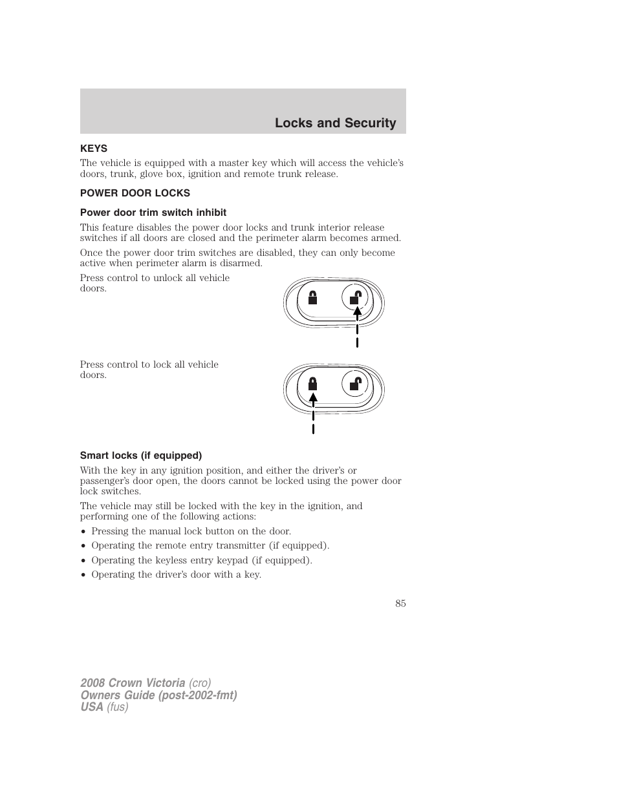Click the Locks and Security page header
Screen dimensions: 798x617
pos(335,123)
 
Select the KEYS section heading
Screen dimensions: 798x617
pos(94,149)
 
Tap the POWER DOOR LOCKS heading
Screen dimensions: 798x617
pos(135,193)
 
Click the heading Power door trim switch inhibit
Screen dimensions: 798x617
pos(153,213)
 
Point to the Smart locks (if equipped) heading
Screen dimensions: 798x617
pos(140,456)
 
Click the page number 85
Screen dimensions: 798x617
pos(400,603)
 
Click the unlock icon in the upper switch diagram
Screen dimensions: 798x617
pos(354,297)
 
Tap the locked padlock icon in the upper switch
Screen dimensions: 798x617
pos(312,297)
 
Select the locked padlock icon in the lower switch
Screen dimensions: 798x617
pos(312,384)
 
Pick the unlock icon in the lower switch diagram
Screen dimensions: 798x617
pos(354,384)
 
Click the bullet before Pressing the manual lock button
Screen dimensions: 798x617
pos(83,532)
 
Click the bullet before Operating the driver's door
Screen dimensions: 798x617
pos(83,575)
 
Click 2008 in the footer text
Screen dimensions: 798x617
pos(94,683)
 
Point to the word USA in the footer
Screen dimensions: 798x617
pos(92,707)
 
